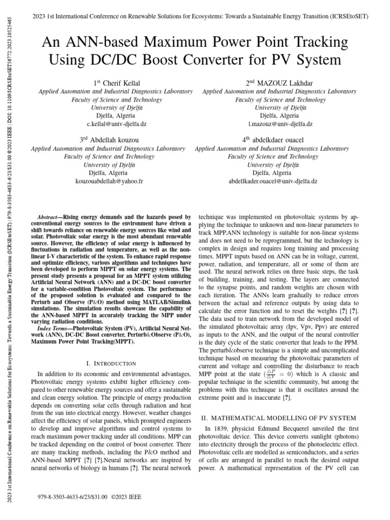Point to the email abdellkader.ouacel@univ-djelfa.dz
[x=273, y=181]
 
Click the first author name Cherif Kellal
[x=115, y=82]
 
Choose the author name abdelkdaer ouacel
[x=273, y=139]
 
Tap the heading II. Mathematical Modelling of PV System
[x=279, y=418]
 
